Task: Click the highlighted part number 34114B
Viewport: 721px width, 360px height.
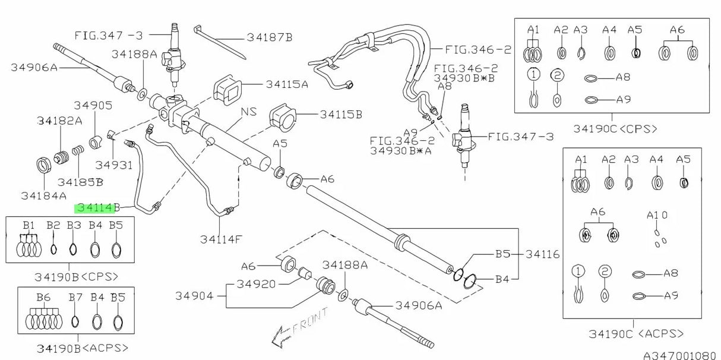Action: pos(97,208)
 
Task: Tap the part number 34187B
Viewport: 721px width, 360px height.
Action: pos(270,37)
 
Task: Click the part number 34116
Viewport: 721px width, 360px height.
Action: pos(542,254)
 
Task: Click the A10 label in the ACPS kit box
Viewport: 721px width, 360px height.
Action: pos(657,215)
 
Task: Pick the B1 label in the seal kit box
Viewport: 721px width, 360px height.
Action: pos(29,225)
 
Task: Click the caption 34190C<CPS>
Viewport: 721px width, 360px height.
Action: pos(615,128)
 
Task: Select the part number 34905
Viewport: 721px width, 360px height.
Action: pos(93,105)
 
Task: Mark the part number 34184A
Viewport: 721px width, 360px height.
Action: pos(43,194)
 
